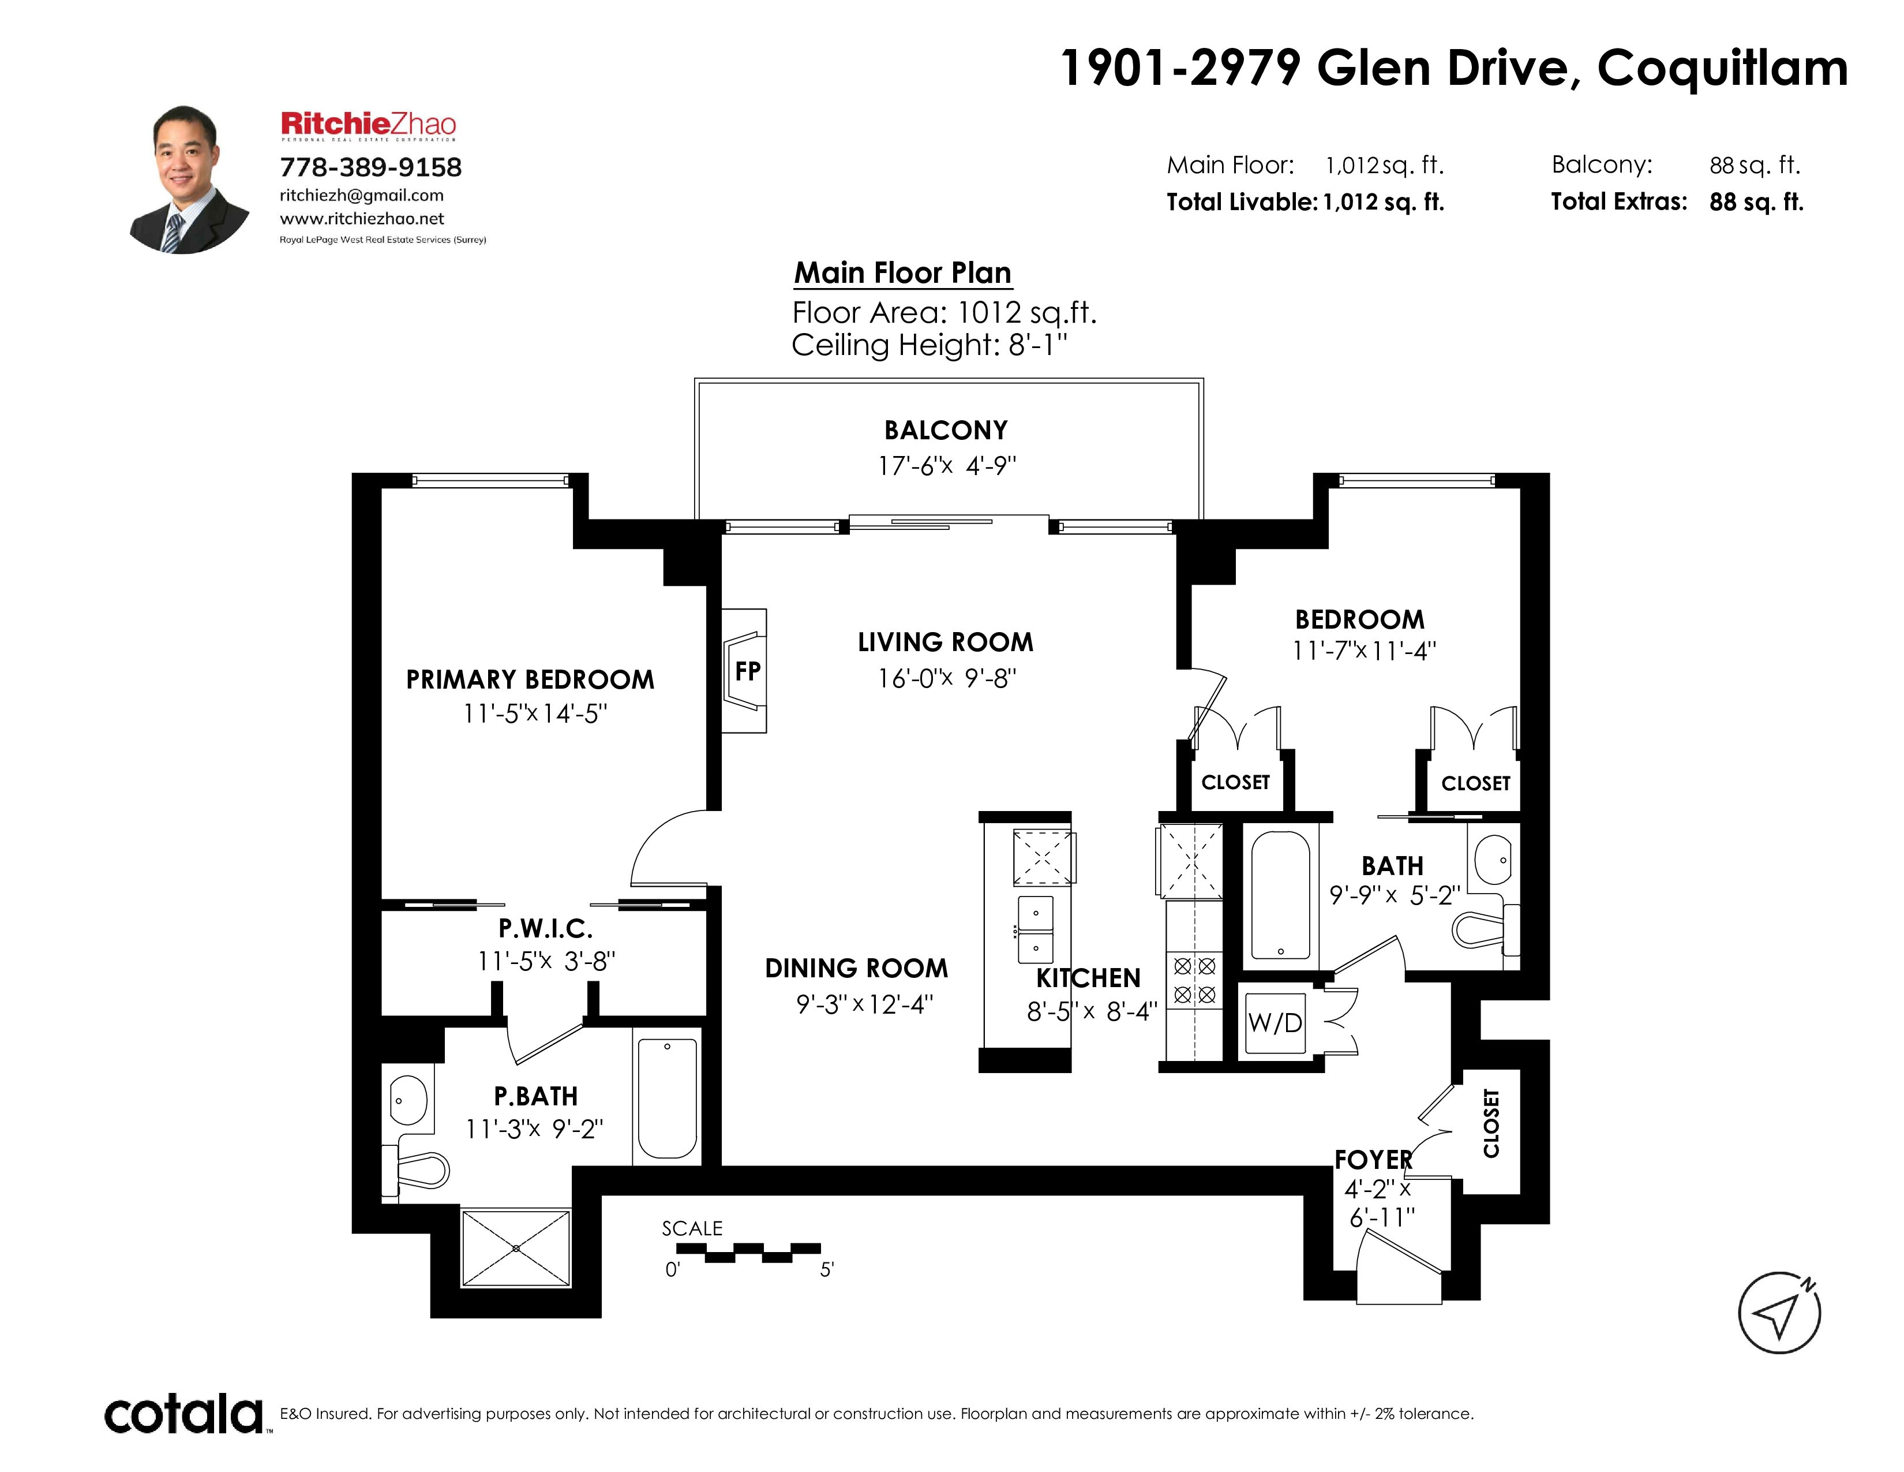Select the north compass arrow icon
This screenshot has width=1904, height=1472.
[1779, 1313]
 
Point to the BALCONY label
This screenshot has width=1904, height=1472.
[946, 430]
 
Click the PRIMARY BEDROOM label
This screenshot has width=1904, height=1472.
[530, 679]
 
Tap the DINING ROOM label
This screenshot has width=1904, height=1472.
[856, 968]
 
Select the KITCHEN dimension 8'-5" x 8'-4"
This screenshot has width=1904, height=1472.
[1092, 1011]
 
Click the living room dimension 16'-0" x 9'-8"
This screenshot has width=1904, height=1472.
[947, 678]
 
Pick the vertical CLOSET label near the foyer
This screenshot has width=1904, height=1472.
[1491, 1123]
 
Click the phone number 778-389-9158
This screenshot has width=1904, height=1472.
[370, 167]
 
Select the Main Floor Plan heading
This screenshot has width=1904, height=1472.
[902, 273]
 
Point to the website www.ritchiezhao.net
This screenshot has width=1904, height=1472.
[362, 218]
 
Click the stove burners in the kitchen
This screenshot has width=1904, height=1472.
[1194, 980]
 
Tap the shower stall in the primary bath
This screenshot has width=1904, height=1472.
[516, 1248]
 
